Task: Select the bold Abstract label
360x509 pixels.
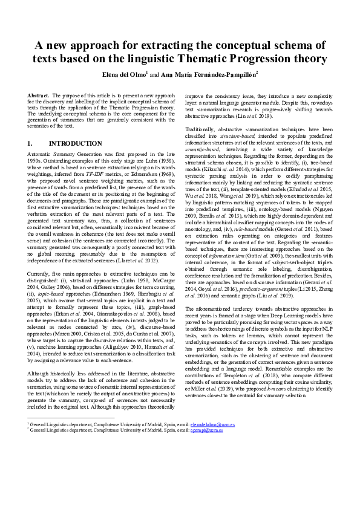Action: (38, 96)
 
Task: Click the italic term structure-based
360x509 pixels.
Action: (220, 154)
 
